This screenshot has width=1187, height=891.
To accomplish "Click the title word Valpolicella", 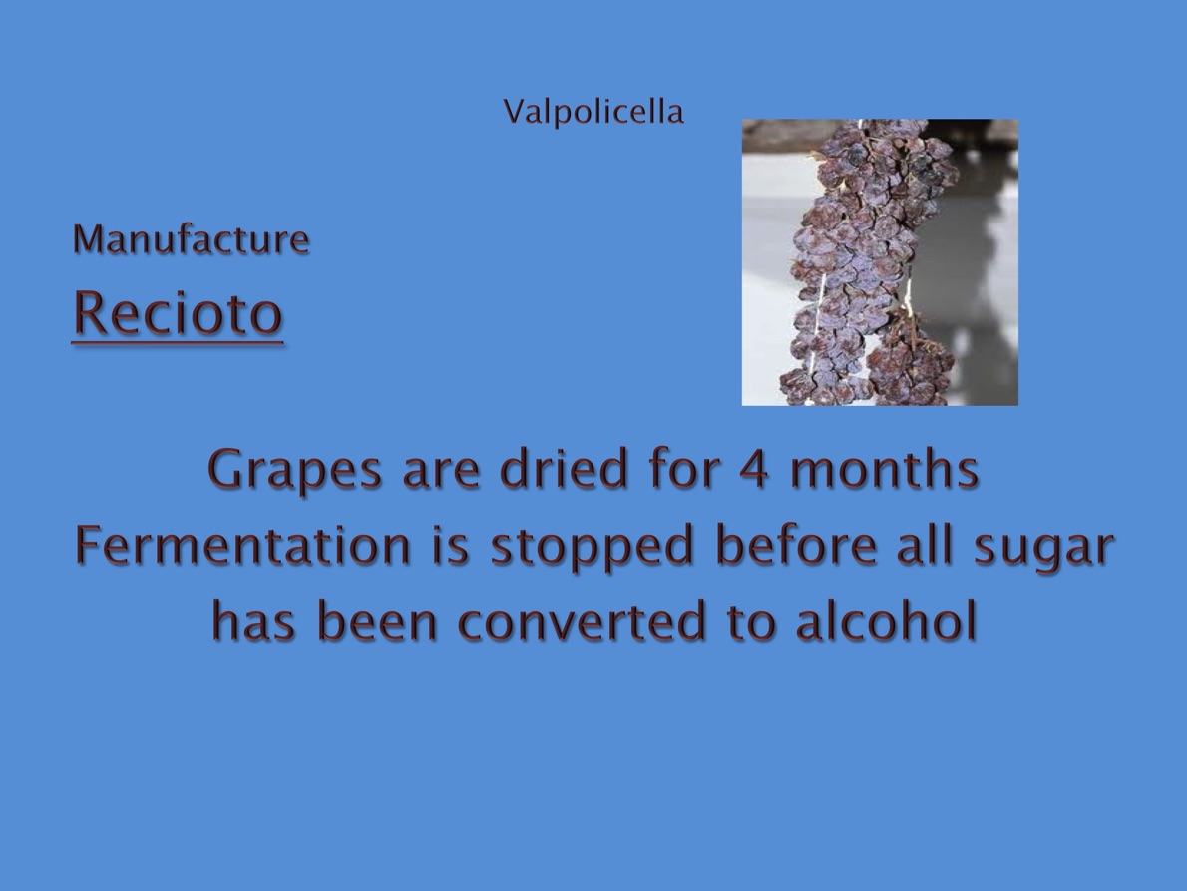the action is [593, 112].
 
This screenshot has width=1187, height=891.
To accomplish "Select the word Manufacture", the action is [191, 239].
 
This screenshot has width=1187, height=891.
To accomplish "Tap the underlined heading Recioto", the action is [178, 313].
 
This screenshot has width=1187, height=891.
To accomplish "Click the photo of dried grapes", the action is [880, 262].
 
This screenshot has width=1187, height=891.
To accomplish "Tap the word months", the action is [884, 469].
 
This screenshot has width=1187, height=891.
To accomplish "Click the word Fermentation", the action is [243, 545].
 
